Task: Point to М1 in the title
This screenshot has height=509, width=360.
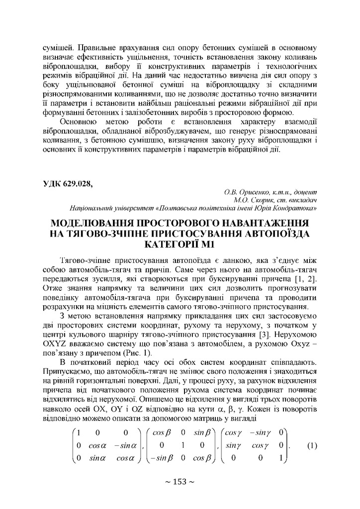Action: (x=206, y=244)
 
